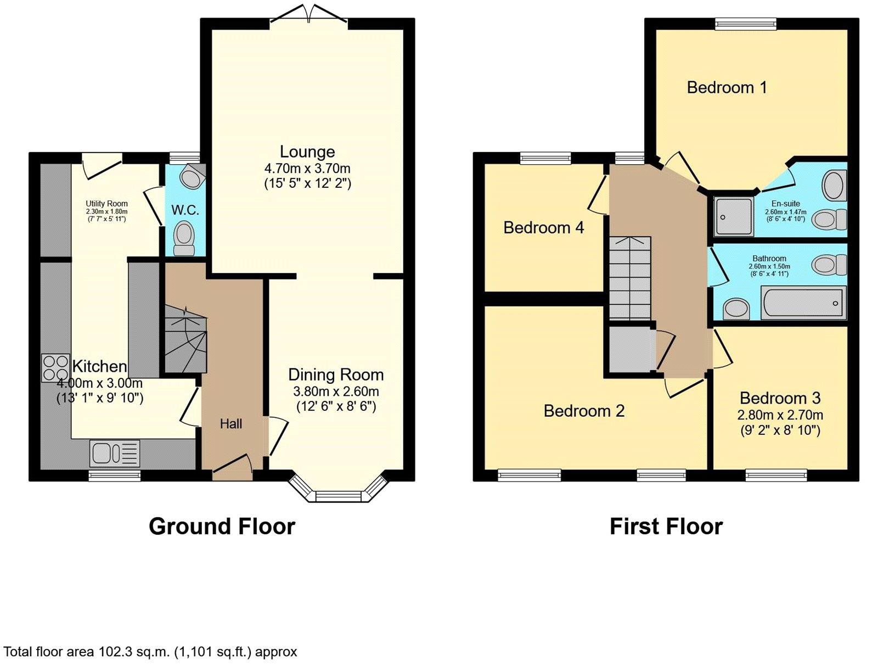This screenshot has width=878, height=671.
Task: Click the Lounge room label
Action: pyautogui.click(x=307, y=152)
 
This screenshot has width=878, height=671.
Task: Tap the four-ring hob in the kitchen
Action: pyautogui.click(x=55, y=368)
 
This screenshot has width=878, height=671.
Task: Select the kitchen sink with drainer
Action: pyautogui.click(x=115, y=454)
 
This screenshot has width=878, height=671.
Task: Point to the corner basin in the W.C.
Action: pyautogui.click(x=192, y=177)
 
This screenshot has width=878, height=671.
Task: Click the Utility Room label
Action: pyautogui.click(x=106, y=204)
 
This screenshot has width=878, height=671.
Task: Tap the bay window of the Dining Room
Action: pyautogui.click(x=339, y=491)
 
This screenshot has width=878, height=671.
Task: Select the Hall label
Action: pyautogui.click(x=231, y=424)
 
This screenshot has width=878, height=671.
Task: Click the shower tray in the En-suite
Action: pyautogui.click(x=734, y=216)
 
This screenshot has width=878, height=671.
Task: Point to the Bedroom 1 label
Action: pyautogui.click(x=727, y=87)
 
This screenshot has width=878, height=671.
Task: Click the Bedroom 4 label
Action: pyautogui.click(x=543, y=228)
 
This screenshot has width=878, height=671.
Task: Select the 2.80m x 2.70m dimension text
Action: pyautogui.click(x=780, y=415)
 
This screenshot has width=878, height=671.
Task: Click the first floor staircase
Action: pyautogui.click(x=630, y=278)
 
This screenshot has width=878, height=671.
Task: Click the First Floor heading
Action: pyautogui.click(x=666, y=526)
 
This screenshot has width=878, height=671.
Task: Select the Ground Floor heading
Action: pyautogui.click(x=222, y=526)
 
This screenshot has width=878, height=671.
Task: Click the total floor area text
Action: pyautogui.click(x=150, y=652)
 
